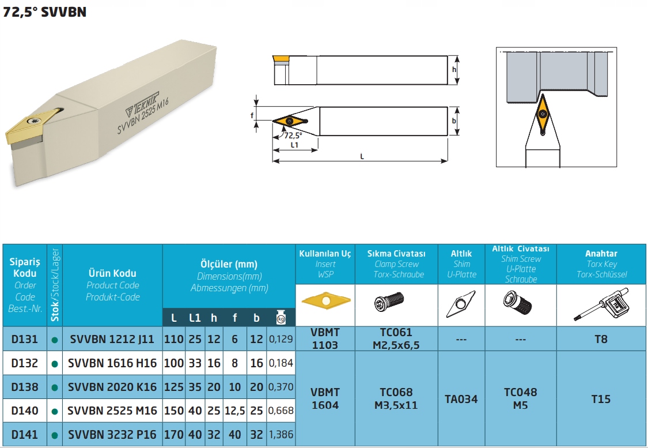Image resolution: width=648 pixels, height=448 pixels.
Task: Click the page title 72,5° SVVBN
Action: click(x=44, y=12)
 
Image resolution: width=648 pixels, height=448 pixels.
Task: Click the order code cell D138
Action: click(x=24, y=387)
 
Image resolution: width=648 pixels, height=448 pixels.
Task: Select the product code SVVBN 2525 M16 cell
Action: click(x=112, y=411)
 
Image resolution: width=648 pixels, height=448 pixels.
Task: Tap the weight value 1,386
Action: click(x=281, y=434)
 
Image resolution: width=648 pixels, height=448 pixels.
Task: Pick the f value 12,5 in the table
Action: click(x=235, y=411)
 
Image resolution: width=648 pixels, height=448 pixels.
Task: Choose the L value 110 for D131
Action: click(x=173, y=339)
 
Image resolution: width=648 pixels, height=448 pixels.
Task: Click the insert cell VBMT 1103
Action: click(x=325, y=338)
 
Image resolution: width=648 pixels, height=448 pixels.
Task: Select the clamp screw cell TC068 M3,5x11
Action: click(x=396, y=398)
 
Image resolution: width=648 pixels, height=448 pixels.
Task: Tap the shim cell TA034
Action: click(x=461, y=399)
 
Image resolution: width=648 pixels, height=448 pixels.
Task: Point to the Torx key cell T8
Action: click(x=601, y=339)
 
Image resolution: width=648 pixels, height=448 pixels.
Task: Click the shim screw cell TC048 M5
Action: click(x=521, y=398)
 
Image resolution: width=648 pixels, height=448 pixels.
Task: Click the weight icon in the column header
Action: click(x=281, y=317)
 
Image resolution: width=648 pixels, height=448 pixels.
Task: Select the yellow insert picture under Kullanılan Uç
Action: click(x=325, y=300)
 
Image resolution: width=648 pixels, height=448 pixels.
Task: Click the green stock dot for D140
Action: click(x=55, y=412)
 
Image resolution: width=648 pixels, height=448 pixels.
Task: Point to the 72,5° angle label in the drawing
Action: click(x=293, y=135)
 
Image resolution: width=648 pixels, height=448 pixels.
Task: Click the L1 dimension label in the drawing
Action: click(x=294, y=145)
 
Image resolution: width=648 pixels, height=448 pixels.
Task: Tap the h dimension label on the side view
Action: click(x=454, y=70)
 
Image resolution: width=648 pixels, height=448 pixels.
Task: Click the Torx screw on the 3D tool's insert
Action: click(x=33, y=120)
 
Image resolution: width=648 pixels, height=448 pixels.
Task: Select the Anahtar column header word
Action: click(x=601, y=253)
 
